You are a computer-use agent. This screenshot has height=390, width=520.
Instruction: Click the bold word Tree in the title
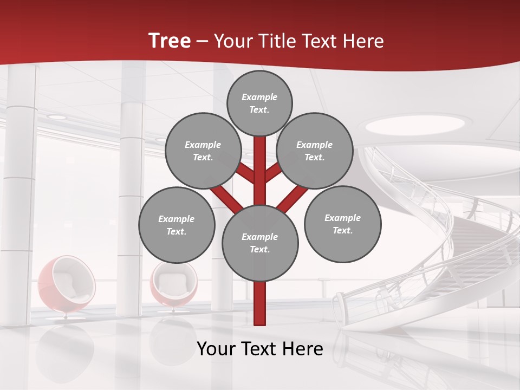(170, 41)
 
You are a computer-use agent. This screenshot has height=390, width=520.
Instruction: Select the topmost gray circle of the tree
(259, 103)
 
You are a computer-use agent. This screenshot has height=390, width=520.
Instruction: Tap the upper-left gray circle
(203, 151)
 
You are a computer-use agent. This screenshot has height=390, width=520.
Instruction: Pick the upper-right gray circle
(314, 151)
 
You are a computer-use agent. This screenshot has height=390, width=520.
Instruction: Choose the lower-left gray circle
(176, 225)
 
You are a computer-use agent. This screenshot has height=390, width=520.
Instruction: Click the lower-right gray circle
(342, 224)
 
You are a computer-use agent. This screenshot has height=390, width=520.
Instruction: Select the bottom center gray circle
(259, 243)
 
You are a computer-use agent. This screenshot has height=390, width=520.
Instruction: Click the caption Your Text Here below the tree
(259, 349)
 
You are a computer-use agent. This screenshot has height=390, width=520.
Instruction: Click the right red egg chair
(173, 285)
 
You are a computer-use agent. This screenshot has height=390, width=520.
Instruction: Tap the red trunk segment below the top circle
(260, 162)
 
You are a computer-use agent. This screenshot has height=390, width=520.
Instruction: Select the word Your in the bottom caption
(217, 349)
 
